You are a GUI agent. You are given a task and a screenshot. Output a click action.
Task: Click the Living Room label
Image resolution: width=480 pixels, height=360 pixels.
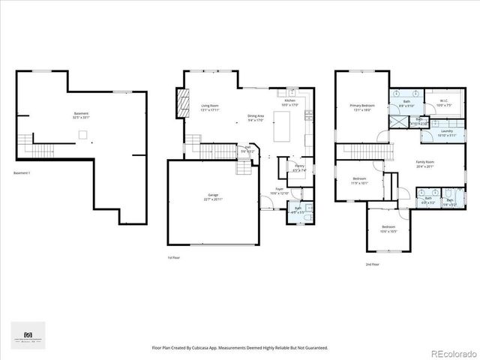click(x=210, y=108)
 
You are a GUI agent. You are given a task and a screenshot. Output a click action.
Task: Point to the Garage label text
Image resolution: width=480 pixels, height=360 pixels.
click(x=214, y=197)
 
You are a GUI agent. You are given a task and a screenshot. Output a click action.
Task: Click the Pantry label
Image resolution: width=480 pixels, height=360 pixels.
click(x=298, y=168)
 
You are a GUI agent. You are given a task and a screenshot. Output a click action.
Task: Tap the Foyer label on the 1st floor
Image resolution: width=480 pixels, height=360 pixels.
click(x=279, y=190)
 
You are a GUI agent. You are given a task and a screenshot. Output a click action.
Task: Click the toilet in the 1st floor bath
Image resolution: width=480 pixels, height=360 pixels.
click(x=309, y=208)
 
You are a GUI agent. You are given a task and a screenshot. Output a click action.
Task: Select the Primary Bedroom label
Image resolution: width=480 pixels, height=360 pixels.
click(x=362, y=108)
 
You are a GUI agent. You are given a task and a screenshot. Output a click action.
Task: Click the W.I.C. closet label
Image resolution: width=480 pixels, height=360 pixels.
click(x=435, y=103)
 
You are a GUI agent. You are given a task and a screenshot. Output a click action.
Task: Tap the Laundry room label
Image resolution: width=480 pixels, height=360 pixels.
click(x=446, y=133)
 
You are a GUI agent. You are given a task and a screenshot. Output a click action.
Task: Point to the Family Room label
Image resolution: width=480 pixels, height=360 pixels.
click(x=425, y=164)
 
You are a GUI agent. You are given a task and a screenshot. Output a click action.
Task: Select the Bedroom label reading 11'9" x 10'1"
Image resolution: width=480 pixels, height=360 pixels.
click(x=359, y=180)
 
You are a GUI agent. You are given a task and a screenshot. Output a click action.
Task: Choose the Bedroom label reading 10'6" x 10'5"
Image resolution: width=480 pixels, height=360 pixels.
click(x=388, y=229)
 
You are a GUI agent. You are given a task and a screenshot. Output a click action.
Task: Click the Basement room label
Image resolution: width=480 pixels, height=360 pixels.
click(x=81, y=115)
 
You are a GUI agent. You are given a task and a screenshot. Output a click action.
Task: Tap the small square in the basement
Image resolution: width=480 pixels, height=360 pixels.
click(x=84, y=135)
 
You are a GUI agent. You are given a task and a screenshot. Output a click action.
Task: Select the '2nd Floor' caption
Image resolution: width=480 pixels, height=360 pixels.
click(x=372, y=265)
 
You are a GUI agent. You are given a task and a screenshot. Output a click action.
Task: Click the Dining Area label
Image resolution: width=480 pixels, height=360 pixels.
click(x=256, y=118)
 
